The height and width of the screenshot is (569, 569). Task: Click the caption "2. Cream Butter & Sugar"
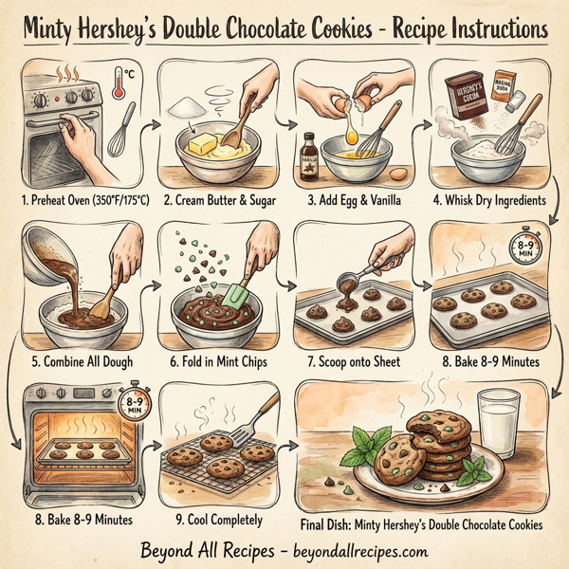point(213,200)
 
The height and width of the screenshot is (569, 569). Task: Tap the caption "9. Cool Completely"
point(214,518)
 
